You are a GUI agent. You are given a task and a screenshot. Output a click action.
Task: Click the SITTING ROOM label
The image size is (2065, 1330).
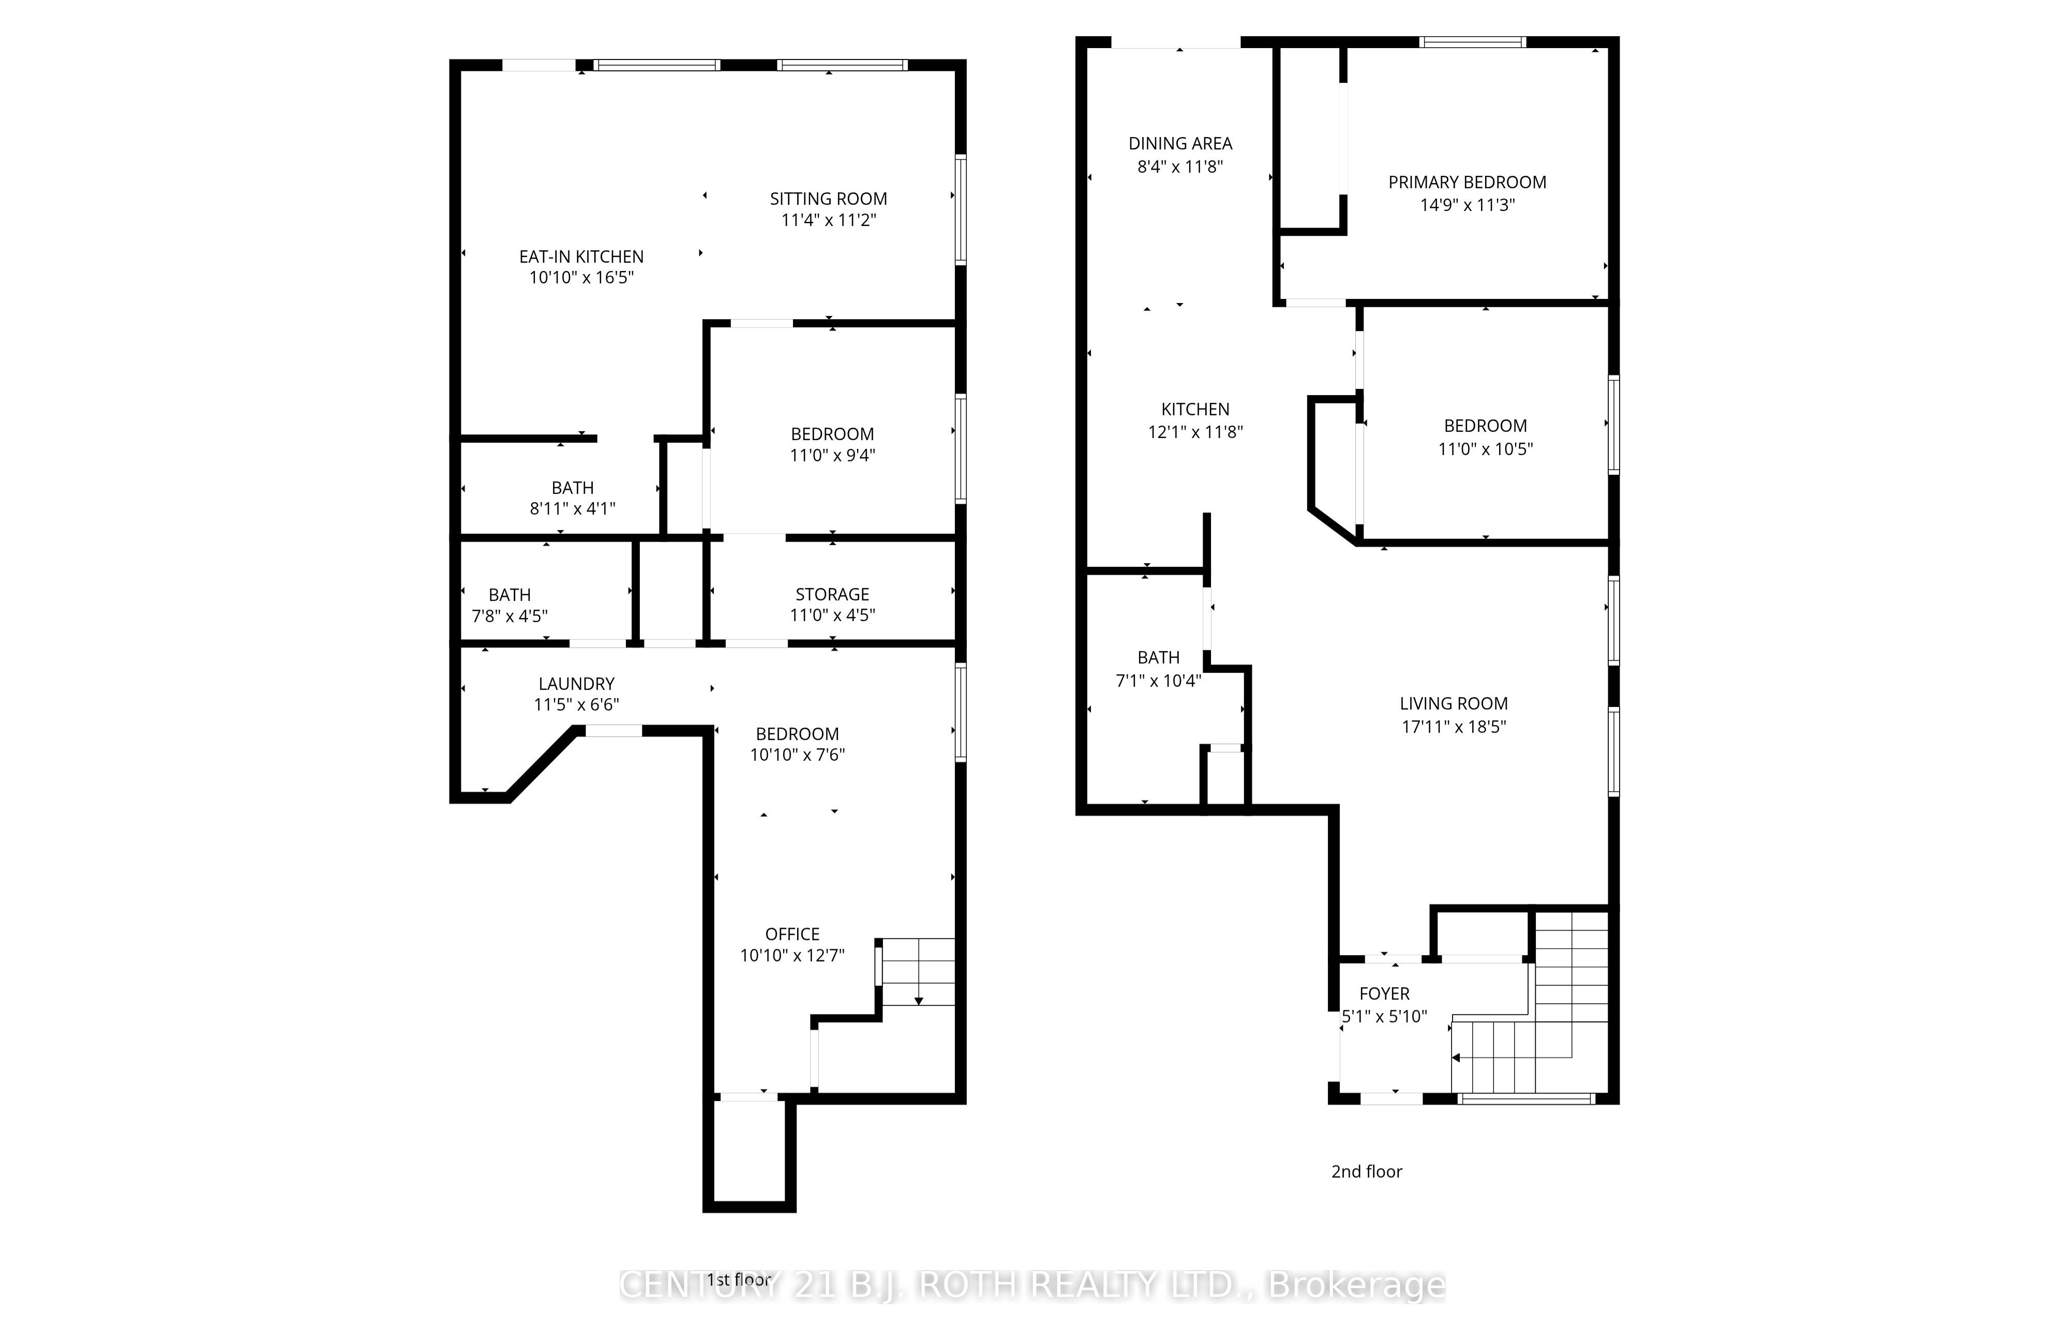click(x=828, y=199)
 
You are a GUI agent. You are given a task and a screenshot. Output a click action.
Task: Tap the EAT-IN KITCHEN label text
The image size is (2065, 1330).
click(x=581, y=256)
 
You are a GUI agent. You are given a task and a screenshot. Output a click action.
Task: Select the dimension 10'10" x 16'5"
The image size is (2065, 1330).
click(x=581, y=277)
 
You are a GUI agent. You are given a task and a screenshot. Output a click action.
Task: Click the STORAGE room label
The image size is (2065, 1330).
click(x=832, y=594)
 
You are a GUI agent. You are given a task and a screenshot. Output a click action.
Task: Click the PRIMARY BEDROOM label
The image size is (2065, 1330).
click(x=1467, y=182)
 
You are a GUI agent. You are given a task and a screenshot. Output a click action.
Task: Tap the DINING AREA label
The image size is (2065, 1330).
click(x=1180, y=143)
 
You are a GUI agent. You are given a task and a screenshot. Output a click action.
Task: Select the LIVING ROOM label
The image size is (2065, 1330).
click(x=1454, y=704)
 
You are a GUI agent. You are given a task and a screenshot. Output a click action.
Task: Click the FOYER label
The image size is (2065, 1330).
click(x=1384, y=994)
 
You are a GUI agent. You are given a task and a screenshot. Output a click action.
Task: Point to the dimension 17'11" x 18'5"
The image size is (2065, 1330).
click(x=1454, y=727)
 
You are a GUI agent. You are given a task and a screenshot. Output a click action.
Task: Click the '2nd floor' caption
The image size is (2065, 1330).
click(x=1366, y=1172)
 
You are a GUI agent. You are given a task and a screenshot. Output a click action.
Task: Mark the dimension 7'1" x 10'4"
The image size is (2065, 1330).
click(x=1158, y=681)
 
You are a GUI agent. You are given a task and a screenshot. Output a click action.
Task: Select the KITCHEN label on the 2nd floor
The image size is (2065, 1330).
click(x=1195, y=410)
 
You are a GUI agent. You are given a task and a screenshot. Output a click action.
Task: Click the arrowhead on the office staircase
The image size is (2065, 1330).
click(x=919, y=1001)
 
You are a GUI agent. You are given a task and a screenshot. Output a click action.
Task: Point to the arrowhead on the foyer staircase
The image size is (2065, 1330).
click(x=1455, y=1057)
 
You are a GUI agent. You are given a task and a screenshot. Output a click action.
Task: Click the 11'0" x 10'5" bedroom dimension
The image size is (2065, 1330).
click(x=1486, y=449)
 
